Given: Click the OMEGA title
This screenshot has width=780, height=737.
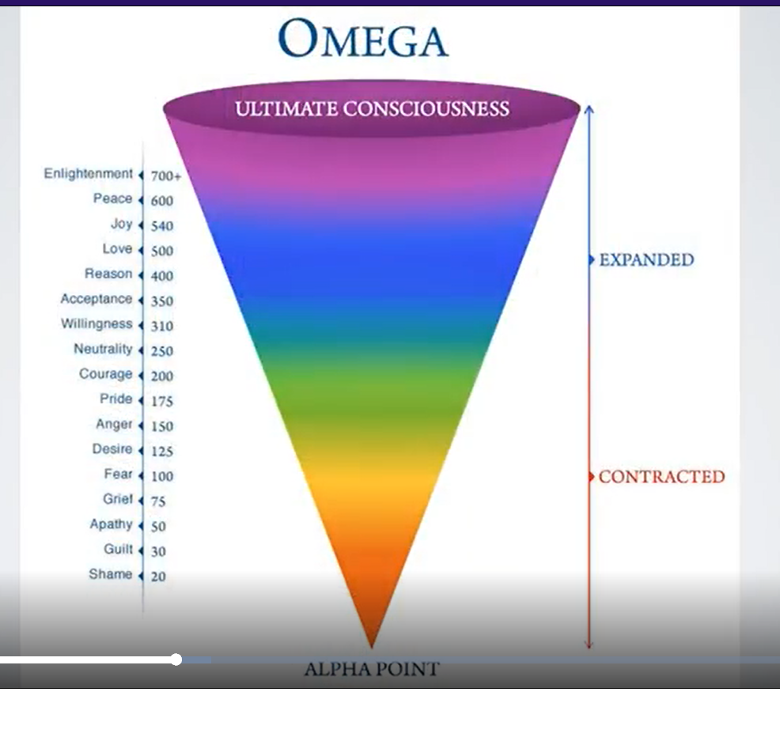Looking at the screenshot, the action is (363, 38).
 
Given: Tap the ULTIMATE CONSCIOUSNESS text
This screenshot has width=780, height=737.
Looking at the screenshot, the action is (372, 108).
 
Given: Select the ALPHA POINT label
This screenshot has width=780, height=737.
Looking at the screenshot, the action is (372, 669).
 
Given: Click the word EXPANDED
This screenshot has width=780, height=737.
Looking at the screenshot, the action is (646, 259).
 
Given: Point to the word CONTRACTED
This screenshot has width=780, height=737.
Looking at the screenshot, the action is (661, 476).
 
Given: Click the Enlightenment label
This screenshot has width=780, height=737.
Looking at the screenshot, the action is (88, 173).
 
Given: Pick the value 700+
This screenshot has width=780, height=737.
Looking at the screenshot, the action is (166, 176).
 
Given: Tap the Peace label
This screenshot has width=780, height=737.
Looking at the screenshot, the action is (112, 198).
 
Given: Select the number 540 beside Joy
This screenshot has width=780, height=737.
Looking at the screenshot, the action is (162, 226).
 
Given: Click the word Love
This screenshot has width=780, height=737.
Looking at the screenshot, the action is (117, 248).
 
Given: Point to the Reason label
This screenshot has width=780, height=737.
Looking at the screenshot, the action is (108, 274).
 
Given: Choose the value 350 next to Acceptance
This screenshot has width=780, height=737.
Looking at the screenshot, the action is (162, 301).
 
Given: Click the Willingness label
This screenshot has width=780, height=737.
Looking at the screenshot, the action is (97, 323).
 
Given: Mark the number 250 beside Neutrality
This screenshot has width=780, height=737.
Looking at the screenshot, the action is (162, 351).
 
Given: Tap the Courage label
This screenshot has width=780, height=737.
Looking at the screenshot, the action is (105, 374).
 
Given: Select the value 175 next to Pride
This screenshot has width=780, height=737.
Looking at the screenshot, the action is (162, 402).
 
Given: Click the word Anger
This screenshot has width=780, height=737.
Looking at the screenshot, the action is (114, 424).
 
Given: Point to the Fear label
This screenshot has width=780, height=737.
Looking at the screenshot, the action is (119, 474).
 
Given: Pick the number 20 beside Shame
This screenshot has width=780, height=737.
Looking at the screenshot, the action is (158, 576).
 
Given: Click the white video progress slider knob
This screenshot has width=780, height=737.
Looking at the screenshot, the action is (176, 660).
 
